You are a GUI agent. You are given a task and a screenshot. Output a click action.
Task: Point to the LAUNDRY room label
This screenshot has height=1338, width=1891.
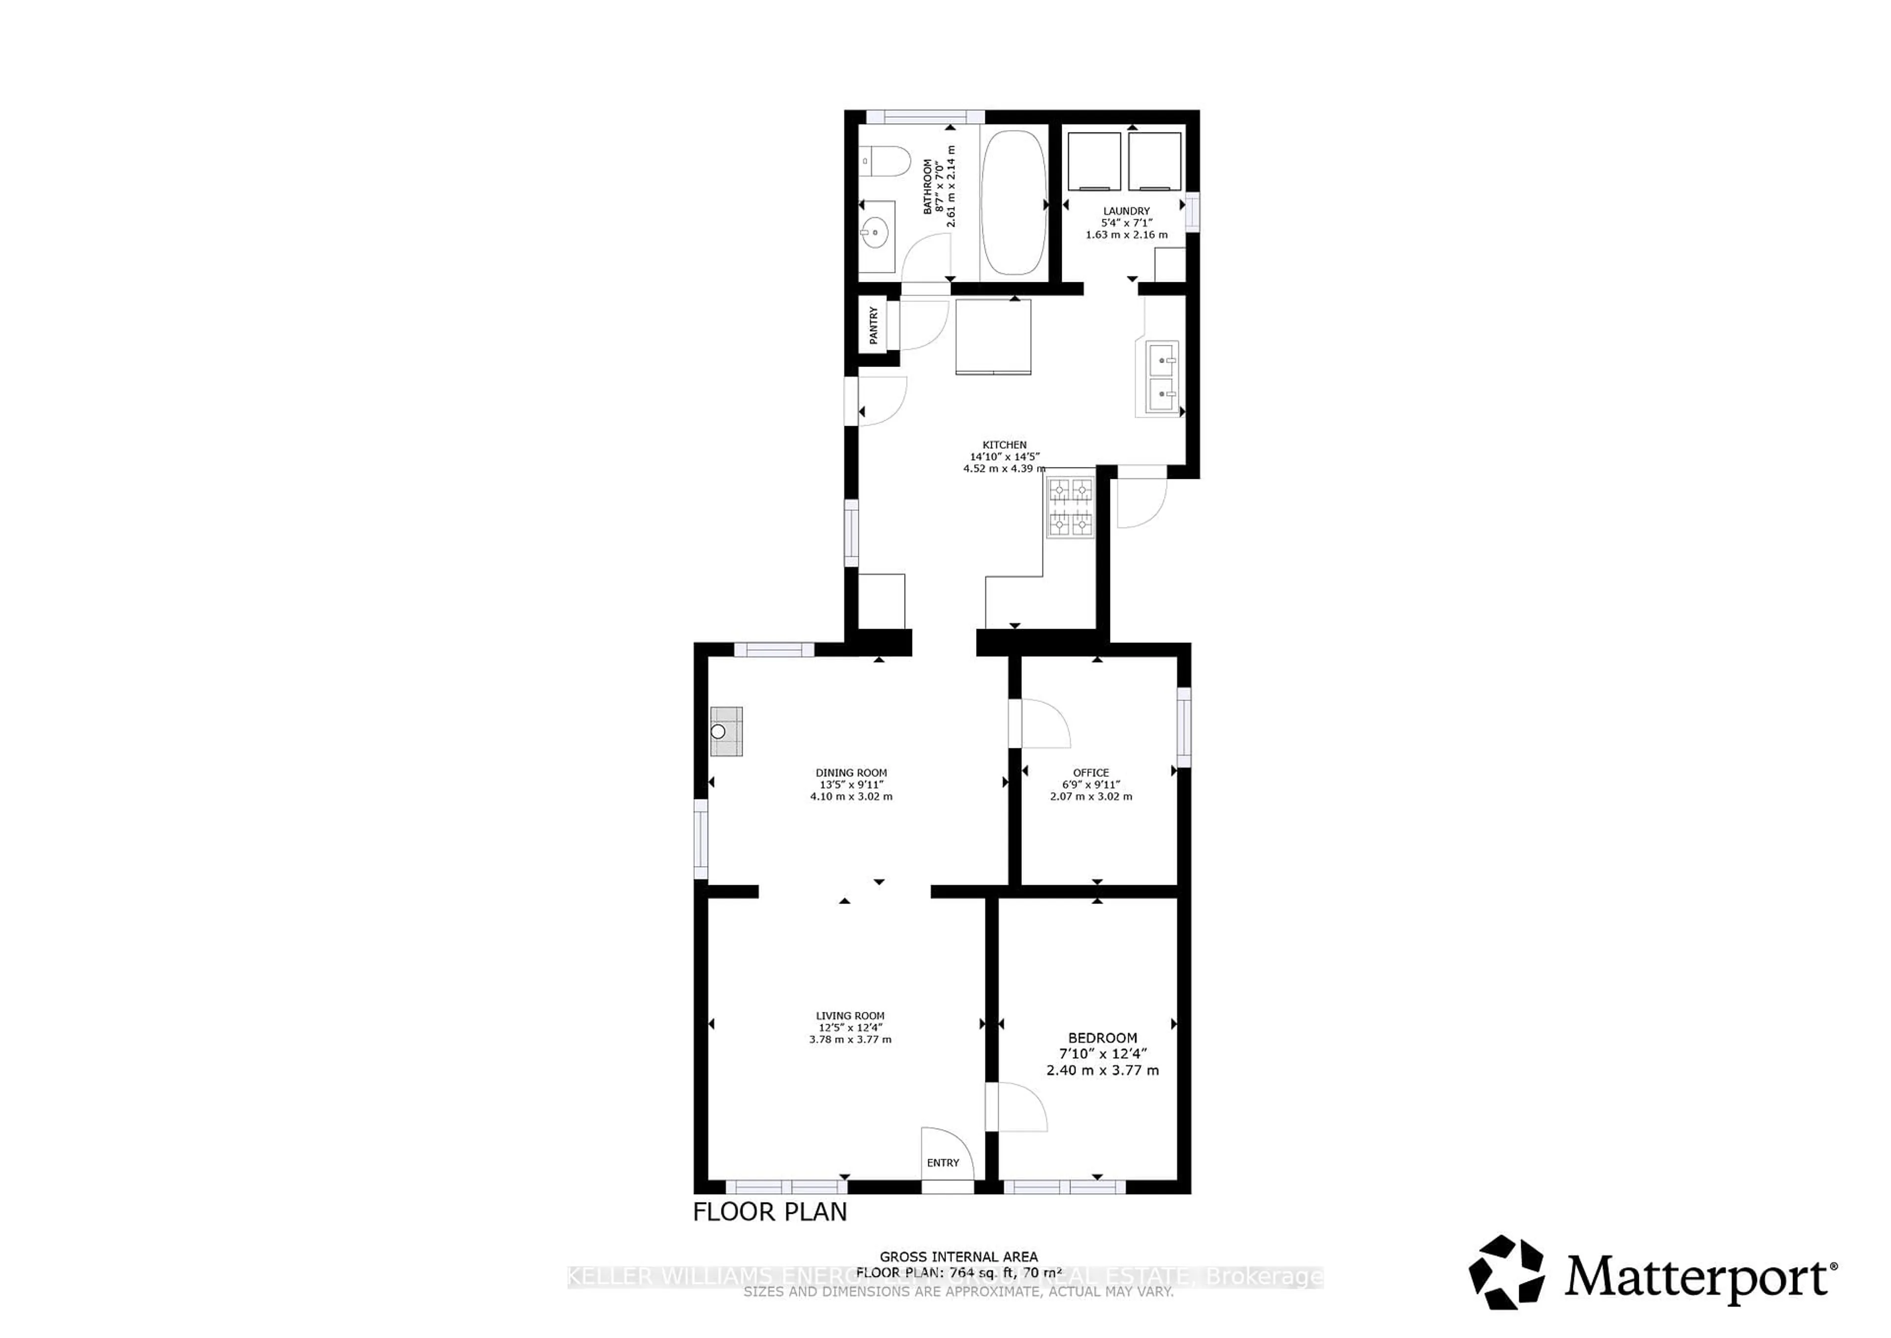1126,211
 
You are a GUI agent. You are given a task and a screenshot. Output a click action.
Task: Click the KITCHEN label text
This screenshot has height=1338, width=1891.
1004,445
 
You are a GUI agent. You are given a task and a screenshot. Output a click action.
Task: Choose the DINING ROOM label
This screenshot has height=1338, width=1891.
851,773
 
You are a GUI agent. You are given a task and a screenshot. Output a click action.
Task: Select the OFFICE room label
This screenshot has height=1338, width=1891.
1090,773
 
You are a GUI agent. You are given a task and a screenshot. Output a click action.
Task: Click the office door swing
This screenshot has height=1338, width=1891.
1043,723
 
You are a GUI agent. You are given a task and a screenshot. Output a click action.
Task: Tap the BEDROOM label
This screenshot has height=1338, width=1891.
1102,1038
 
